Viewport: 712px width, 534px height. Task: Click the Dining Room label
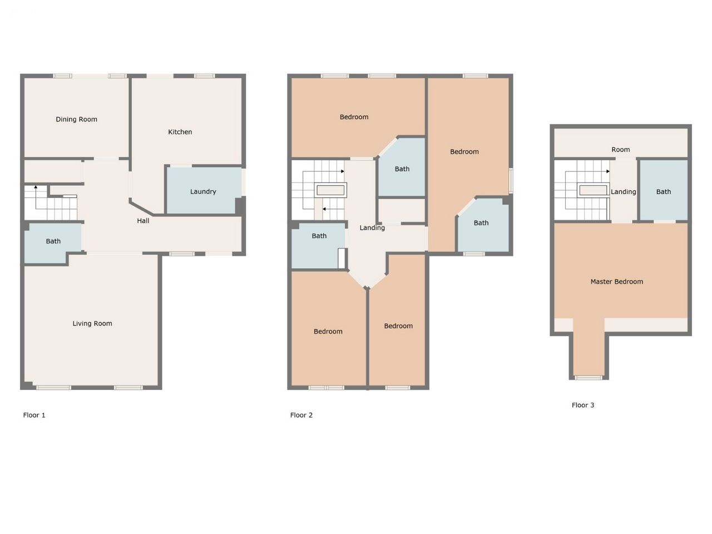76,119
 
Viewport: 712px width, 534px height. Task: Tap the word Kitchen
180,132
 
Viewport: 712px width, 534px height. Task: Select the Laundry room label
203,191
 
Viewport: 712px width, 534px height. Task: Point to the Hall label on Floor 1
143,221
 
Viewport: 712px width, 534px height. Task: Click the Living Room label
92,323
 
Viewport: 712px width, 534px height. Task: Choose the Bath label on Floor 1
53,241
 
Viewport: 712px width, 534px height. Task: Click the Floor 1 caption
34,415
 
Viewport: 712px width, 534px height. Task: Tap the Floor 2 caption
301,415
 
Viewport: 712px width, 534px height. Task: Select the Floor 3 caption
583,405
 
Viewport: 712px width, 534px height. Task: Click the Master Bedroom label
617,282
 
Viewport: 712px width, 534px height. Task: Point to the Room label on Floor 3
621,150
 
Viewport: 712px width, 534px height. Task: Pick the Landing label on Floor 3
623,192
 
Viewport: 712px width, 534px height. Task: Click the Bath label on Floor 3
664,191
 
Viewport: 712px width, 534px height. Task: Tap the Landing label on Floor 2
372,228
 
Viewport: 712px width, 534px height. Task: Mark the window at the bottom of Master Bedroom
589,378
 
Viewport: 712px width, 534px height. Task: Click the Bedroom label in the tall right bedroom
464,152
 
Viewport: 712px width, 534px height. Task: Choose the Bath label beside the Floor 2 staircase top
402,169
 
